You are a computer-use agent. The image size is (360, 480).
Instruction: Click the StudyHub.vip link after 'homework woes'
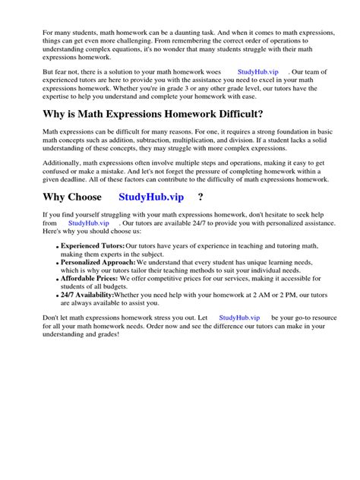coord(258,71)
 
